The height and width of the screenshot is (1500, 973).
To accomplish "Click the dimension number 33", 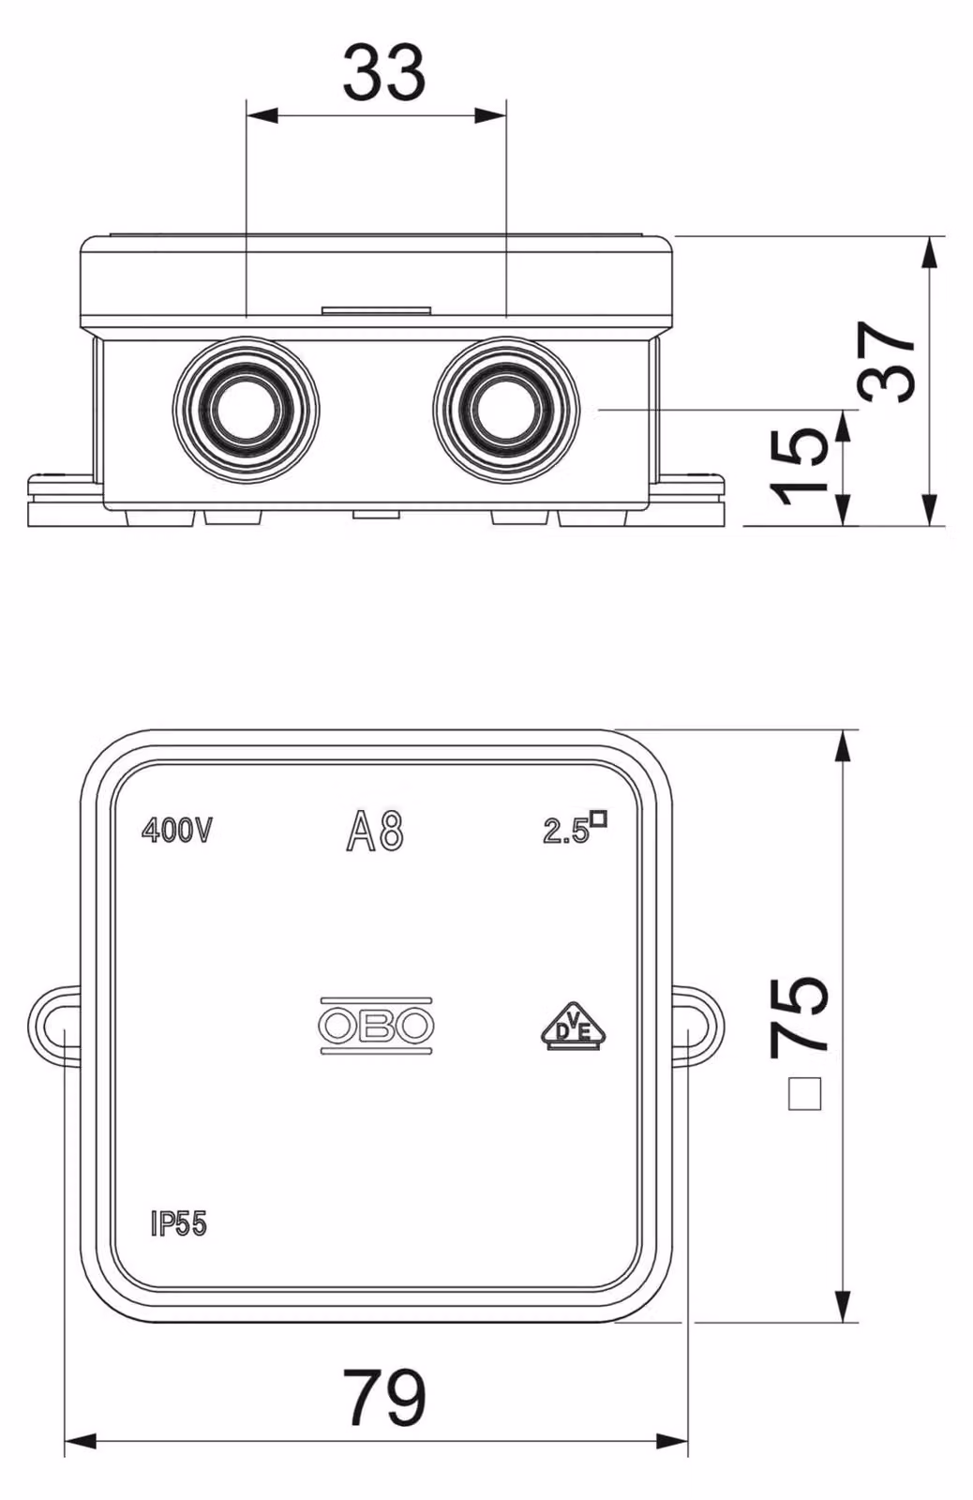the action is point(384,71).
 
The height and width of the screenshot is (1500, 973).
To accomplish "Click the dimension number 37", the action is point(888,362).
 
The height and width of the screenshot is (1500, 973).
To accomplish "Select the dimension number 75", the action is point(800,1017).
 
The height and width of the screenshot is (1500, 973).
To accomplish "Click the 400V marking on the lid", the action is point(177,831).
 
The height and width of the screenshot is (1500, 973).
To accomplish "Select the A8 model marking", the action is point(375,831).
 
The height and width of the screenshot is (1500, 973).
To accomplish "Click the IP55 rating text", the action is point(179,1224).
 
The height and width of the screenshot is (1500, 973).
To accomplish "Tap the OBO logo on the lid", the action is point(376,1026).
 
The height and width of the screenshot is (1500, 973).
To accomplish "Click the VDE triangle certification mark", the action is point(574,1026).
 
